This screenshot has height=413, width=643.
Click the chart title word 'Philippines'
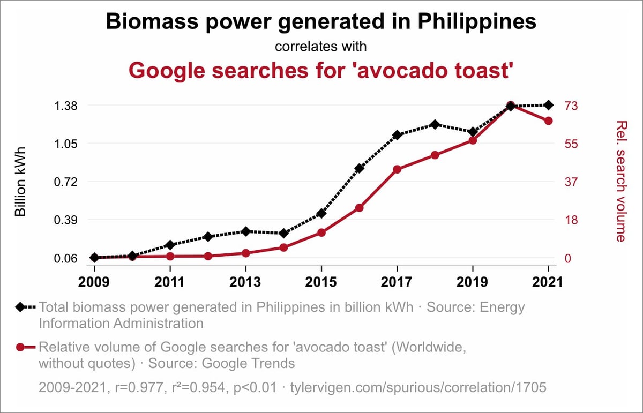click(x=476, y=22)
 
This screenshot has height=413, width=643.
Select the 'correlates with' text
click(x=321, y=47)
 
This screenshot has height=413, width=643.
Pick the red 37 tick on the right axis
click(x=570, y=182)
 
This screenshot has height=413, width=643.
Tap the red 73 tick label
click(x=570, y=106)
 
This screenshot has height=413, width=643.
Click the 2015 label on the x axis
click(x=321, y=282)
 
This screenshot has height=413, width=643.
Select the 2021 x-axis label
click(x=548, y=282)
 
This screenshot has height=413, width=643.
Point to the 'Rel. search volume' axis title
click(x=621, y=181)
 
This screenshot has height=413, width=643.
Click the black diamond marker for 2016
click(x=359, y=168)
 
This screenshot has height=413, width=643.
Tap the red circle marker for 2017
click(x=397, y=169)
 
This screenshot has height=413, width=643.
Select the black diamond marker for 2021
click(x=548, y=105)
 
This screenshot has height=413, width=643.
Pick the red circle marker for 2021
click(x=548, y=121)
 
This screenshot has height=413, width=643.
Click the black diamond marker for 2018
click(x=435, y=124)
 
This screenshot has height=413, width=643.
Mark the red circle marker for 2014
click(x=283, y=247)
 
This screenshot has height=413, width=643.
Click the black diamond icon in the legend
click(x=20, y=307)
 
